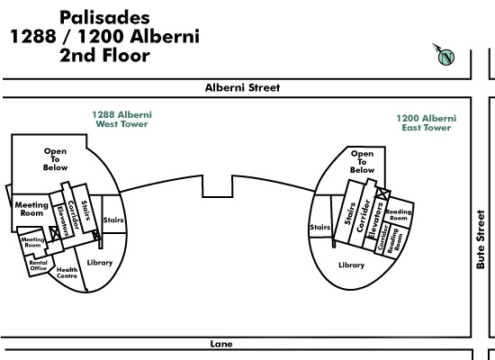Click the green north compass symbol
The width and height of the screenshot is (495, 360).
446,58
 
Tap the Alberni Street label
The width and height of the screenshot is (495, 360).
242,87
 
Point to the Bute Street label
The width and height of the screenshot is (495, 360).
481,239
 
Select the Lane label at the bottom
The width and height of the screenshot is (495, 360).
221,344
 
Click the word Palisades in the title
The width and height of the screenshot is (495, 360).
104,17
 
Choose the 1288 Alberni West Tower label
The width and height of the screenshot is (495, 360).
121,119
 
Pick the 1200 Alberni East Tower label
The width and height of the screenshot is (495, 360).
427,122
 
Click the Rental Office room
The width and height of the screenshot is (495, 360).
39,265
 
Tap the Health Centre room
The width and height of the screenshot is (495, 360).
67,273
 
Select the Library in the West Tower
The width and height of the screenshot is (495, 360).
100,263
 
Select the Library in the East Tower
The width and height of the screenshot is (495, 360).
351,265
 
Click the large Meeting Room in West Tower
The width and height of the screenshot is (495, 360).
31,209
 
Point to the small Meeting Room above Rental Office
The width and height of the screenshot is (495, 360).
32,242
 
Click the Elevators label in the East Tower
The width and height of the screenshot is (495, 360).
375,220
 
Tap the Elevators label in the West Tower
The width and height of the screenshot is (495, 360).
62,220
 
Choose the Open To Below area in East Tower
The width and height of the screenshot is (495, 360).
362,162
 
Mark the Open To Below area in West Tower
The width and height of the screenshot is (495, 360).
55,159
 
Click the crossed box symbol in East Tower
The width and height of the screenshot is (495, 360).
382,193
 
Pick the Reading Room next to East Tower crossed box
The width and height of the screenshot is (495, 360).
399,215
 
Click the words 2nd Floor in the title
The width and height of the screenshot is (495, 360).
104,55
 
